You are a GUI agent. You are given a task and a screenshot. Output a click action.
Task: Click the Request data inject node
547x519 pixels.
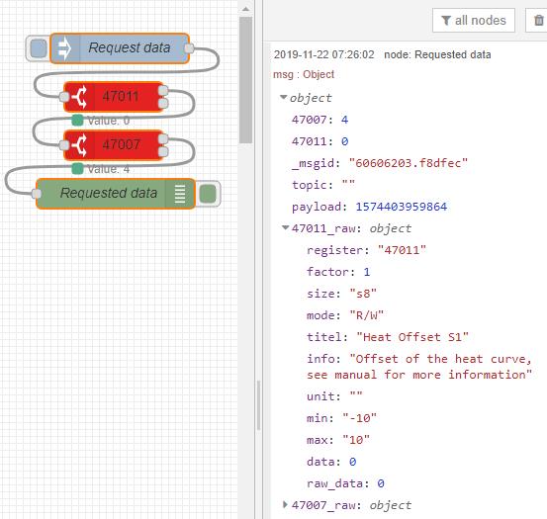tap(120, 48)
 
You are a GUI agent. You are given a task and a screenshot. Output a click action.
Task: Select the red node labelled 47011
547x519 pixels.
tap(114, 97)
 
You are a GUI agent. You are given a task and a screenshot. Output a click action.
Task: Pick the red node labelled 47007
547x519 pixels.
tap(114, 145)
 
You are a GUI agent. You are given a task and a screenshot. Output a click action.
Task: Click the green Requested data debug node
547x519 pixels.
tap(116, 194)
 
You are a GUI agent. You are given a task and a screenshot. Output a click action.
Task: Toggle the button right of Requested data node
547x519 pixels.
tap(208, 194)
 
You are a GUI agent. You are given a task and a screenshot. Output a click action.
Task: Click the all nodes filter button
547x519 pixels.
tap(474, 21)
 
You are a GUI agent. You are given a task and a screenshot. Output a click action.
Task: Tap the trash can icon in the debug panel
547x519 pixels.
tap(539, 21)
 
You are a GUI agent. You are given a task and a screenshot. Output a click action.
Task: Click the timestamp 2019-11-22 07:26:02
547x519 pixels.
tap(323, 54)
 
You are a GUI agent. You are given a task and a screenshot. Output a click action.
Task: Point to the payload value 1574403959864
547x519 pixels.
tap(402, 207)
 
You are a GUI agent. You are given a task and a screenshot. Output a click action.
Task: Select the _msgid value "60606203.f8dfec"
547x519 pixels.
tap(409, 163)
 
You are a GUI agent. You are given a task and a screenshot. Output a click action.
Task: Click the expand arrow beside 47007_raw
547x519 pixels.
tap(285, 504)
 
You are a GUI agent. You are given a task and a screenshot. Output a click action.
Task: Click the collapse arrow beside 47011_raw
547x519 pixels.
tap(285, 227)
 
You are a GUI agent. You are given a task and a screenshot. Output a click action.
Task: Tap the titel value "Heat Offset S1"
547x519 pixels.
tap(412, 337)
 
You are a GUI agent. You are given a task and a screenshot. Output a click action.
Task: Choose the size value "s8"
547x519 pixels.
tap(363, 294)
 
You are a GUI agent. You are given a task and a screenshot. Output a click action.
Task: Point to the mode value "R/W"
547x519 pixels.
tap(367, 315)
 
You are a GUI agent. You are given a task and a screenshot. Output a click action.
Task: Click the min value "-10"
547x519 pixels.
tap(360, 417)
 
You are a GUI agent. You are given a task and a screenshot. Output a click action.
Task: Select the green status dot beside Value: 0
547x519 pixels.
tap(77, 121)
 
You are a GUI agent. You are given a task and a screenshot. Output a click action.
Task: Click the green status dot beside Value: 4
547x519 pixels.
tap(77, 169)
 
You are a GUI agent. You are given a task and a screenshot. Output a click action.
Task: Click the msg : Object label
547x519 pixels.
tap(304, 74)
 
